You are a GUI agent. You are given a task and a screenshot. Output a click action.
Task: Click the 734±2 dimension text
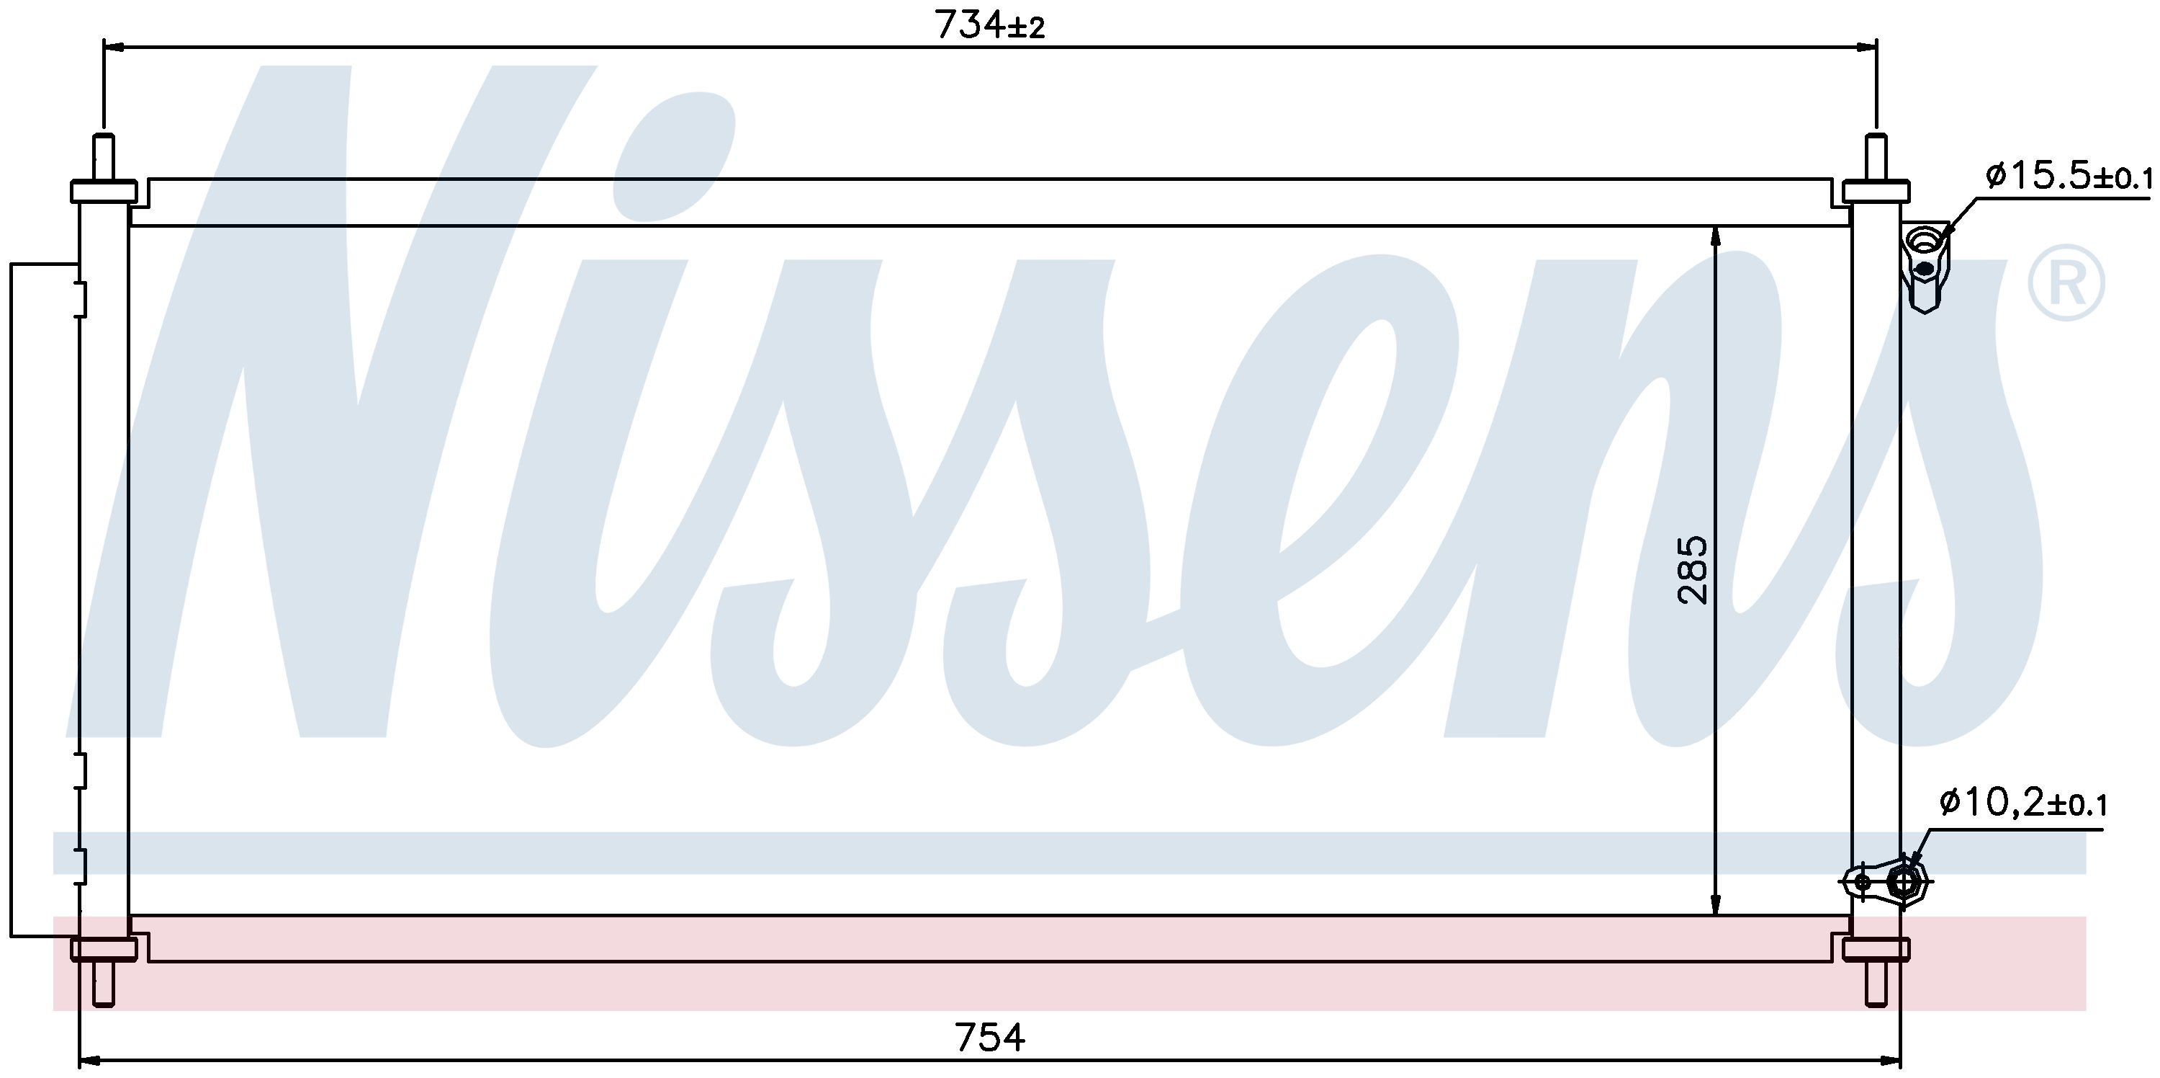pyautogui.click(x=989, y=25)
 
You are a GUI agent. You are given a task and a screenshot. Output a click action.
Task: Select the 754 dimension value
pyautogui.click(x=989, y=1038)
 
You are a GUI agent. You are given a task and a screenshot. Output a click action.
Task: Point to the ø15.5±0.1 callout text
pyautogui.click(x=2068, y=177)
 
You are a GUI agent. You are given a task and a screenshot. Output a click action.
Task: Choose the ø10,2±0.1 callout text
pyautogui.click(x=2022, y=803)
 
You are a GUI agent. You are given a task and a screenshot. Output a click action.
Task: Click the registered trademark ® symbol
pyautogui.click(x=2065, y=282)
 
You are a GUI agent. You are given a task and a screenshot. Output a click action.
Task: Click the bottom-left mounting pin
pyautogui.click(x=103, y=983)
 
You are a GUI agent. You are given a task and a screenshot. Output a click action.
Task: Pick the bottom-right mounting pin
pyautogui.click(x=1876, y=983)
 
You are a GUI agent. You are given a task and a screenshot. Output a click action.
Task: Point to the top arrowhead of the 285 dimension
pyautogui.click(x=1716, y=237)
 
